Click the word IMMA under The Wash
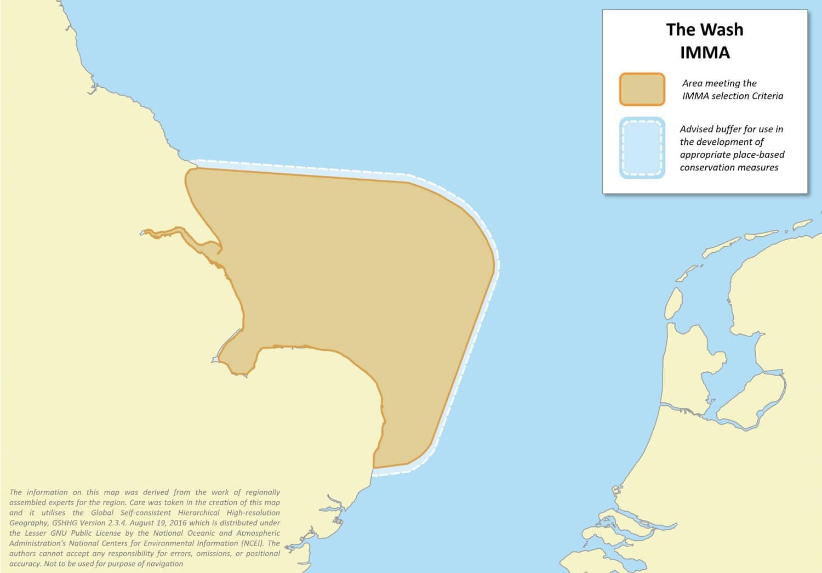705,53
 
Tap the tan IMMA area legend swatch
642,89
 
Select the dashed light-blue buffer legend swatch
642,148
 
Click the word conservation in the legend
705,167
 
